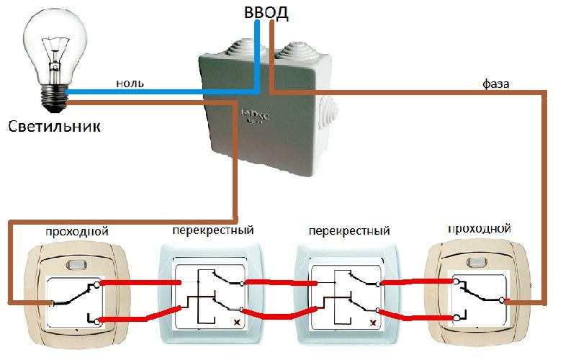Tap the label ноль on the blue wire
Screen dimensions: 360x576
(130, 83)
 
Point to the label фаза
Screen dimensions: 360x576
(496, 84)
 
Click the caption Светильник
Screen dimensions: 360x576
(55, 127)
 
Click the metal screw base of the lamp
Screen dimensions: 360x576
(55, 94)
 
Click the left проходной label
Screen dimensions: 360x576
(76, 232)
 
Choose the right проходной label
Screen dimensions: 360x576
(479, 228)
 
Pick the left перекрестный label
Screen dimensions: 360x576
(213, 230)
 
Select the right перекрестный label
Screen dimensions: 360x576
(349, 231)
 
